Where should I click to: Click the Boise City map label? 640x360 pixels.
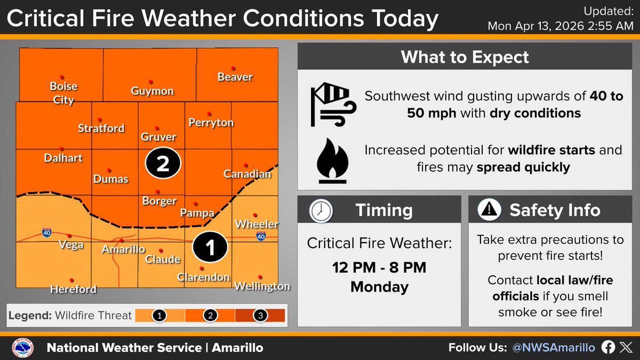pos(63,92)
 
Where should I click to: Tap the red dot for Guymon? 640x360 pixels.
pos(151,82)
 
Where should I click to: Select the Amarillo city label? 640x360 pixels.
pos(123,250)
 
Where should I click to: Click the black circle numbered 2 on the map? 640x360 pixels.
pos(163,164)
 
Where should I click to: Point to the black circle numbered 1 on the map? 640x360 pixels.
pos(210,247)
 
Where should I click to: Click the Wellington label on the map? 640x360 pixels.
pos(262,286)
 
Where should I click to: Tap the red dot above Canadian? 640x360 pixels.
pos(246,166)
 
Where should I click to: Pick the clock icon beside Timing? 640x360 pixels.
pos(321,211)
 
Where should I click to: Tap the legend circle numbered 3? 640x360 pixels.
pos(261,316)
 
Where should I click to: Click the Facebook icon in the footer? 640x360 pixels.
pos(608,348)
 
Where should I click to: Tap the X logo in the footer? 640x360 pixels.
pos(625,348)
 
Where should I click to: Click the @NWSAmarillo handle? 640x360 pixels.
pos(553,348)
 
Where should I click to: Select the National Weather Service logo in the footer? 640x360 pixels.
pos(22,348)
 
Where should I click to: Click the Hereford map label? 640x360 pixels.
pos(73,290)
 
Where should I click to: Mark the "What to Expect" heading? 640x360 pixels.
pos(465,57)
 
